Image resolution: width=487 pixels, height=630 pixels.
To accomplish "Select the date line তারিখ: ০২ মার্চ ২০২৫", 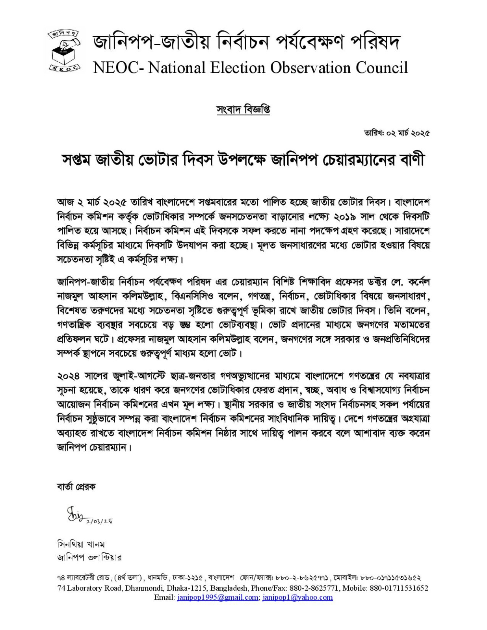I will click(x=397, y=133).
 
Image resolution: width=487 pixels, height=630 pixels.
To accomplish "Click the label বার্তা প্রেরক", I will click(x=76, y=487).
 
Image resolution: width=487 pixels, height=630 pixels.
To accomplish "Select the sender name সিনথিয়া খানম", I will click(x=82, y=545).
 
